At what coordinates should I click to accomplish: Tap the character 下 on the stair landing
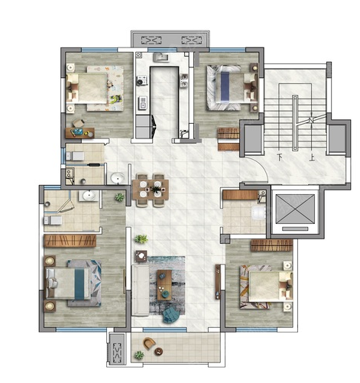point(281,157)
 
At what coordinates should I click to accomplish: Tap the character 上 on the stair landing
point(312,157)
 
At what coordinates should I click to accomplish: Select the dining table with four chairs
point(151,190)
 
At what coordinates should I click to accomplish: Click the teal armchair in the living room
point(170,314)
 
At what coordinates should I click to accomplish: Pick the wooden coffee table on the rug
point(164,285)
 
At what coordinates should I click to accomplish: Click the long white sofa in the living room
point(140,290)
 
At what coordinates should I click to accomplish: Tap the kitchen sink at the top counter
point(161,57)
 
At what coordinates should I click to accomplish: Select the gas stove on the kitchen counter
point(141,80)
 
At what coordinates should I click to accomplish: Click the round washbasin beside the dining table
point(118,177)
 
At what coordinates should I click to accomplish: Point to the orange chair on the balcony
point(149,343)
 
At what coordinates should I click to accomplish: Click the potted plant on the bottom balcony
point(139,355)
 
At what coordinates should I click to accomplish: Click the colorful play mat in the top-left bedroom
point(105,89)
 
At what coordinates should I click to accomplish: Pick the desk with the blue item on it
point(79,133)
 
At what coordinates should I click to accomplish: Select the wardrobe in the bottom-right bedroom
point(271,245)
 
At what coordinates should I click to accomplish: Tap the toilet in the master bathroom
point(53,220)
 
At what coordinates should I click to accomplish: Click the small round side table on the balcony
point(158,352)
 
